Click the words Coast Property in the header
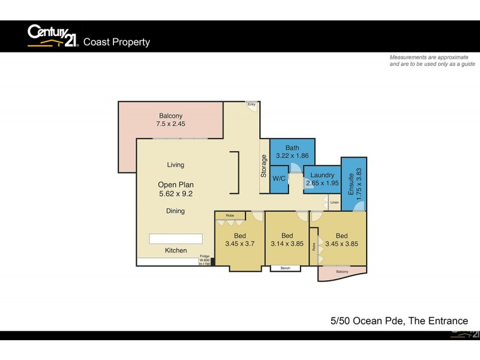click(116, 42)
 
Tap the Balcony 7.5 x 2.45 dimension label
click(171, 121)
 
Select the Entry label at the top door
click(251, 104)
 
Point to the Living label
click(175, 165)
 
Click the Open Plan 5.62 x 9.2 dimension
click(175, 189)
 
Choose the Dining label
click(175, 211)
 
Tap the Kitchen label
click(175, 250)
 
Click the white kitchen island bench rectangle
click(176, 238)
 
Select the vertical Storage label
click(263, 166)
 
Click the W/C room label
click(278, 179)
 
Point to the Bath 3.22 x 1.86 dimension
click(292, 152)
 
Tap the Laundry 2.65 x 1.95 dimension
click(322, 179)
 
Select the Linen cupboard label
click(334, 203)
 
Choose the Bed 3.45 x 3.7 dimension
click(239, 239)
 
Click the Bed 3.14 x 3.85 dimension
click(287, 239)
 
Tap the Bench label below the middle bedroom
click(285, 268)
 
